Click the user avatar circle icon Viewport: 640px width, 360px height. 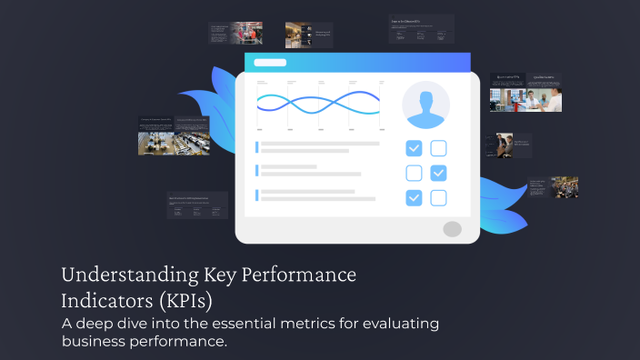[x=425, y=105]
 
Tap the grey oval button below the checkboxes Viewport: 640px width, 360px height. [x=452, y=229]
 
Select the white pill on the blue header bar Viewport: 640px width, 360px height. [x=270, y=63]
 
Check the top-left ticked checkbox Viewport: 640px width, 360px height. [x=414, y=148]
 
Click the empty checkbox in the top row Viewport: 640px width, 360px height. [x=438, y=148]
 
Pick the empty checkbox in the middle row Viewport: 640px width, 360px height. [x=414, y=173]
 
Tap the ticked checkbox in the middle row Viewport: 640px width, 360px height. [x=438, y=173]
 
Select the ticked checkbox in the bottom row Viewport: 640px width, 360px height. [x=414, y=197]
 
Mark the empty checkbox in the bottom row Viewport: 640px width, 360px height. [x=438, y=197]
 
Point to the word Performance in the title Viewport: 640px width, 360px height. [x=299, y=275]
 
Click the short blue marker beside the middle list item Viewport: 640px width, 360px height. [x=257, y=170]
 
